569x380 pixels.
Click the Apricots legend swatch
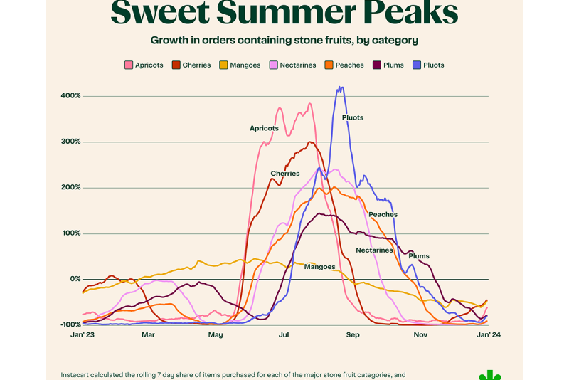pyautogui.click(x=129, y=65)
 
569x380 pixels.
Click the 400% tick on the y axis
pyautogui.click(x=70, y=96)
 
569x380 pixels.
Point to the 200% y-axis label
pyautogui.click(x=70, y=188)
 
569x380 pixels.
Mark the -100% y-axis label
pyautogui.click(x=70, y=325)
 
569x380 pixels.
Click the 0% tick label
pyautogui.click(x=75, y=280)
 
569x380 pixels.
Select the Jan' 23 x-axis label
pyautogui.click(x=83, y=335)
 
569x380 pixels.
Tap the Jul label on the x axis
pyautogui.click(x=284, y=335)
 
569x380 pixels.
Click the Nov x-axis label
pyautogui.click(x=420, y=335)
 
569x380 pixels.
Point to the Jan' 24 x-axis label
pyautogui.click(x=489, y=335)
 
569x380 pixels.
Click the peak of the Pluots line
pyautogui.click(x=341, y=88)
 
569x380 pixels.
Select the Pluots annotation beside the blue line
pyautogui.click(x=353, y=117)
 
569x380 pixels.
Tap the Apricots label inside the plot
pyautogui.click(x=264, y=129)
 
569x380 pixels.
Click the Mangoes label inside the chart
pyautogui.click(x=319, y=267)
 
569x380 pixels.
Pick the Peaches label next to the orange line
pyautogui.click(x=383, y=215)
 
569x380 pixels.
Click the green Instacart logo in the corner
pyautogui.click(x=489, y=374)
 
